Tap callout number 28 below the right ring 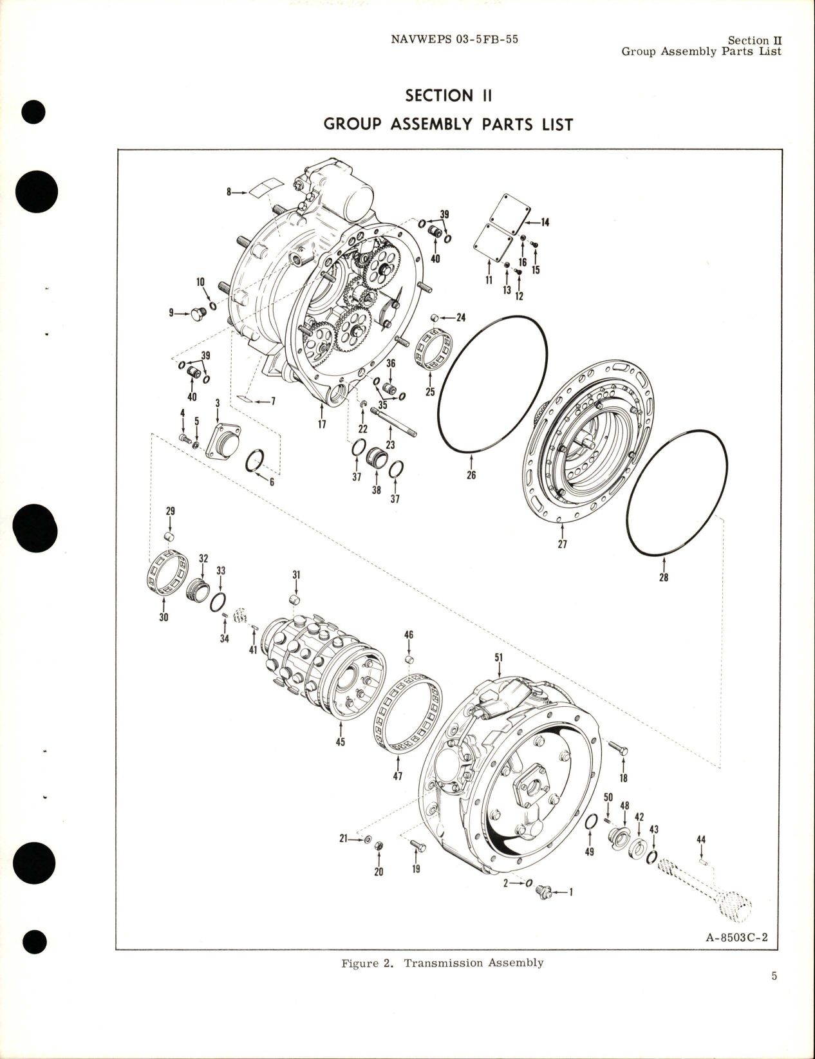(x=663, y=577)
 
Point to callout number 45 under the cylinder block (x=340, y=742)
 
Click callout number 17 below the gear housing (x=321, y=424)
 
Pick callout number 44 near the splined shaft (x=701, y=839)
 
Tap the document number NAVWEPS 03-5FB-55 (x=454, y=39)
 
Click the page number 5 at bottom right (x=774, y=976)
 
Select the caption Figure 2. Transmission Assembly (x=442, y=963)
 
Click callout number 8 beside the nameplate (x=229, y=192)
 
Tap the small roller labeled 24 (x=435, y=317)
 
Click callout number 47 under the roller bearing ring (x=397, y=776)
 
